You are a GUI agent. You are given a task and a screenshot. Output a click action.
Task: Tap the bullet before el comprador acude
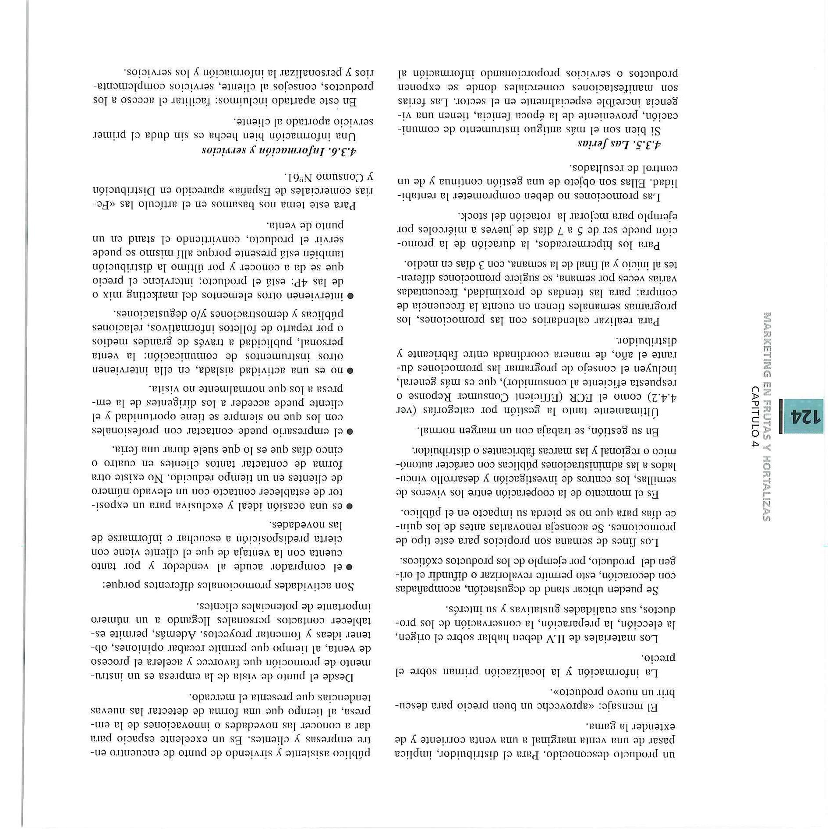click(350, 567)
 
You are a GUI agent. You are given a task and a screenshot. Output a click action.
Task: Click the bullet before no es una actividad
click(350, 371)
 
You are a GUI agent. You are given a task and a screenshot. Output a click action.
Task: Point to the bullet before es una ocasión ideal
click(350, 507)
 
